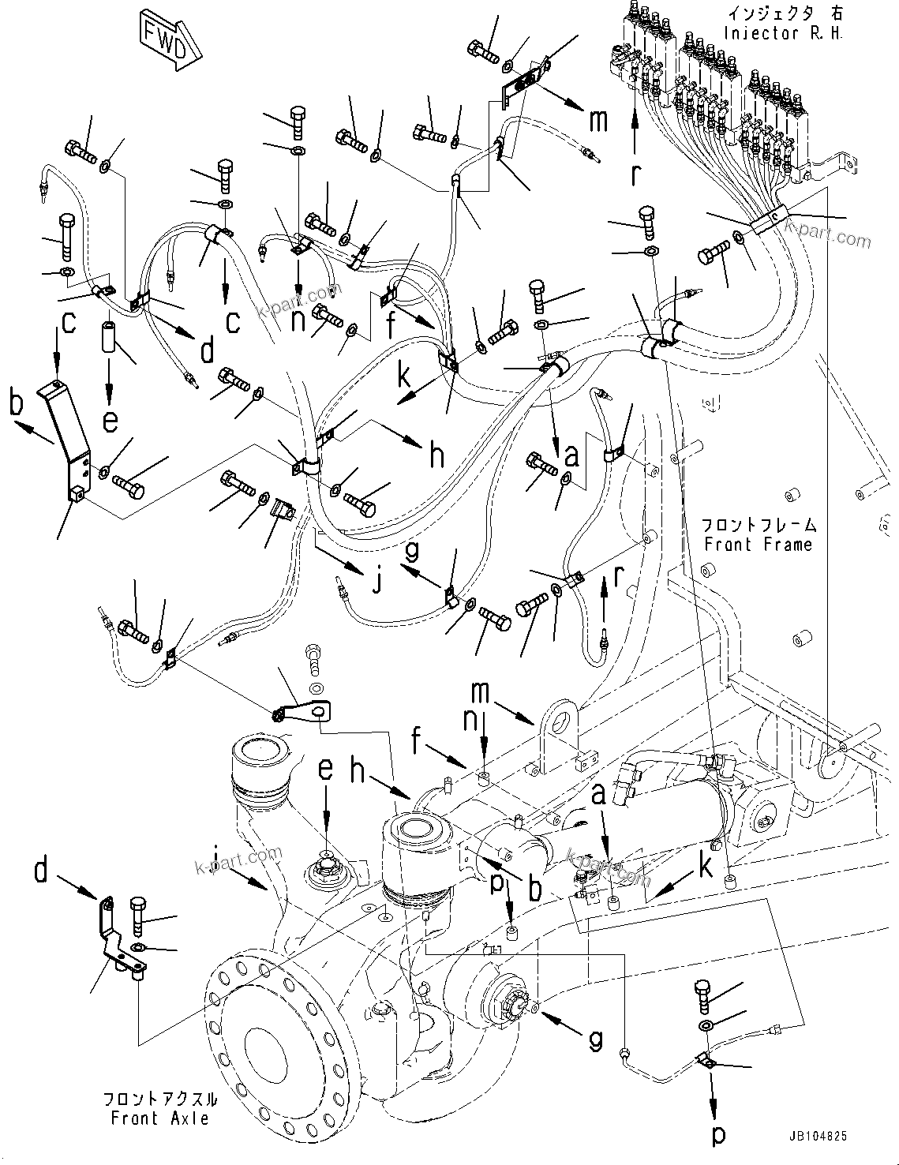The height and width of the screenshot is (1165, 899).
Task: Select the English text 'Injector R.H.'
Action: [x=783, y=34]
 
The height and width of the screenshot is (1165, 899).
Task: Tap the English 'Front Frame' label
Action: [x=758, y=544]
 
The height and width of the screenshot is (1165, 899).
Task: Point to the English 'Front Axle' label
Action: [x=160, y=1118]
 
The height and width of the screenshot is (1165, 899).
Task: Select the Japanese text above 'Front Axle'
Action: [x=160, y=1099]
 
